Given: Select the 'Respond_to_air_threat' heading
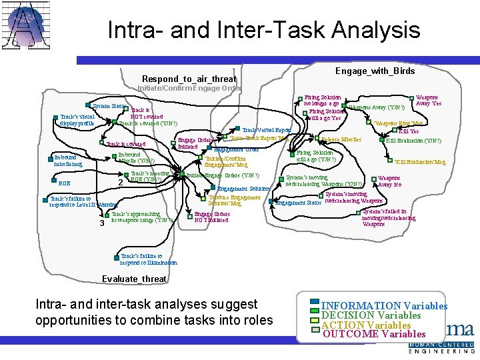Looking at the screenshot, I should click(x=189, y=79).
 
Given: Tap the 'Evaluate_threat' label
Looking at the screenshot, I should click(x=134, y=279).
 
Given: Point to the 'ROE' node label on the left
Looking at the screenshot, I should click(x=65, y=182).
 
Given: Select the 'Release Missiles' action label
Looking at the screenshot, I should click(x=341, y=139).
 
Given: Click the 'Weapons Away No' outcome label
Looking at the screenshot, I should click(x=389, y=181).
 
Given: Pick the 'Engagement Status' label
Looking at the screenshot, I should click(x=299, y=203).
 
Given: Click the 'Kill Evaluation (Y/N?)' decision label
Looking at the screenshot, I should click(x=413, y=141).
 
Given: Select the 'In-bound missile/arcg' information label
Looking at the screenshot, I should click(x=68, y=160).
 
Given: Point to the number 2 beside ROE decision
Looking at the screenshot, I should click(x=120, y=183).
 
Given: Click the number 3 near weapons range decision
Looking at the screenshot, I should click(x=101, y=223).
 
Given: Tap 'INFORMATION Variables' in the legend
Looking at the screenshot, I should click(x=385, y=306).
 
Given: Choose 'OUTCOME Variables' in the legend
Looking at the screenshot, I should click(x=373, y=334).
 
